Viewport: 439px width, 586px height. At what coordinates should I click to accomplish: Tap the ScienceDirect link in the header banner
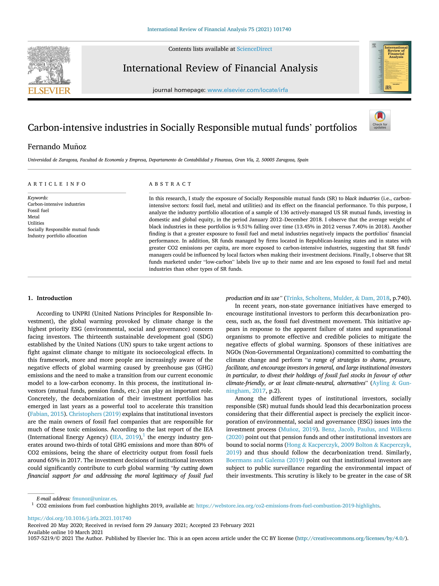click(x=254, y=49)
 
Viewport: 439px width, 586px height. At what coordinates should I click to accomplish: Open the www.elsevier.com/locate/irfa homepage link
click(x=247, y=90)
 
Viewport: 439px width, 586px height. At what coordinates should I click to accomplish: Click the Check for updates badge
click(x=380, y=120)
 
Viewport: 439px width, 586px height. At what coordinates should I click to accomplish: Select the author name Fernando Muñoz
click(x=57, y=147)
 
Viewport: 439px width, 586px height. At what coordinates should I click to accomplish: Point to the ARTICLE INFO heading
click(x=57, y=184)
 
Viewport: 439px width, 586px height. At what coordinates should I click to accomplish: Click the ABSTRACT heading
click(x=170, y=184)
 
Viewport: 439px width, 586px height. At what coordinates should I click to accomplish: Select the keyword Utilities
click(x=36, y=223)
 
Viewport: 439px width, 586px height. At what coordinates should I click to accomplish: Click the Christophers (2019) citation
click(x=95, y=414)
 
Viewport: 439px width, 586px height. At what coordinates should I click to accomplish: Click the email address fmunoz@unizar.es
click(x=94, y=499)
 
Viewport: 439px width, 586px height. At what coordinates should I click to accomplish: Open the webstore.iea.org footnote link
click(x=288, y=506)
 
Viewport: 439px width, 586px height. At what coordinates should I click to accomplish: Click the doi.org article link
click(x=79, y=518)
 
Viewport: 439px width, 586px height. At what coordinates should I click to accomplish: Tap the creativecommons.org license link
click(x=351, y=538)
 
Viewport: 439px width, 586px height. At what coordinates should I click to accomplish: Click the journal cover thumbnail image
click(x=390, y=67)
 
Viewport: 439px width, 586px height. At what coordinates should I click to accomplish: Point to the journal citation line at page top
click(x=219, y=29)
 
